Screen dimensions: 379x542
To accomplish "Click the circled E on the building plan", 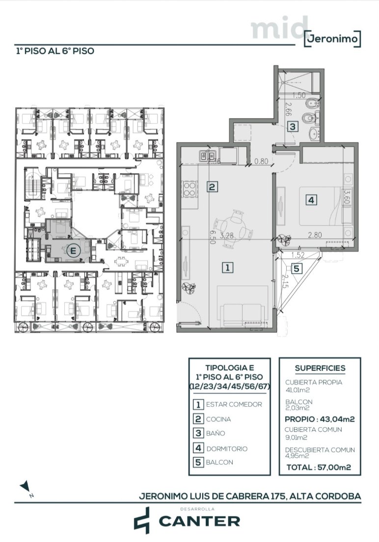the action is (x=73, y=251).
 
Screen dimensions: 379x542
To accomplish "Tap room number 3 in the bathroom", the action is (x=293, y=127).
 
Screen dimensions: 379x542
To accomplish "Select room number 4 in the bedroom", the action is (x=311, y=200).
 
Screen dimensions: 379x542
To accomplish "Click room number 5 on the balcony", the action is (x=297, y=268).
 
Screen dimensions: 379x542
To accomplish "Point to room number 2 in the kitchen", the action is (x=212, y=187).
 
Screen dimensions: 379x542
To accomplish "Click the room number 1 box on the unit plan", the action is (x=227, y=267).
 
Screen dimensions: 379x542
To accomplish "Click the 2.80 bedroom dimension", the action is (x=315, y=235).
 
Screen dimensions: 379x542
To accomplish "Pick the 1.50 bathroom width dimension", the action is (x=299, y=96).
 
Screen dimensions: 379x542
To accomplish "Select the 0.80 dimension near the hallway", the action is (x=261, y=161).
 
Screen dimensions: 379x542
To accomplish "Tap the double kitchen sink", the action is (x=208, y=156).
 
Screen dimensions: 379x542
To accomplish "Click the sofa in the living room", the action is (x=243, y=314).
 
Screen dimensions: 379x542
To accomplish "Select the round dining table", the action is (x=233, y=228).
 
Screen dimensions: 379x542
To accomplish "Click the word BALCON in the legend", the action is (x=219, y=462).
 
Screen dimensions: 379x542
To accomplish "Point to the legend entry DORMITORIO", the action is (x=227, y=449).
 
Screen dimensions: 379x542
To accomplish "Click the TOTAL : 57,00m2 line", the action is (x=319, y=467).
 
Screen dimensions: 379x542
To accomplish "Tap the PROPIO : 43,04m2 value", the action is (x=320, y=419).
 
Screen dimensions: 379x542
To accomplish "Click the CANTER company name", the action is (x=199, y=521).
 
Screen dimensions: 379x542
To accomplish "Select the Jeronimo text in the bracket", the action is (x=333, y=38).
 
